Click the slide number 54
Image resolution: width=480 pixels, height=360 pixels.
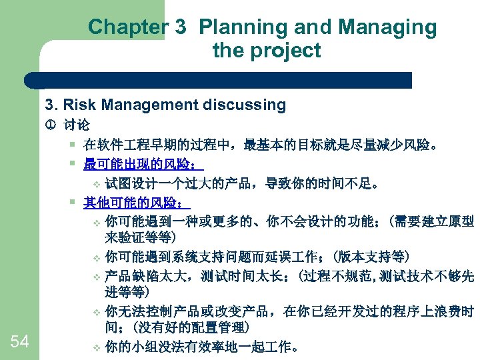point(20,342)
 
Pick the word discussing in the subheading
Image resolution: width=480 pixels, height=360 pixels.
point(246,105)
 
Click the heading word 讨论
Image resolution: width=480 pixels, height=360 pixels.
point(77,125)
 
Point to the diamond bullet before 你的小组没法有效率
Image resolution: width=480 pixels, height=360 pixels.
point(96,347)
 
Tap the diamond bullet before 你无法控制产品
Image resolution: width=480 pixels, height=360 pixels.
point(96,312)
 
